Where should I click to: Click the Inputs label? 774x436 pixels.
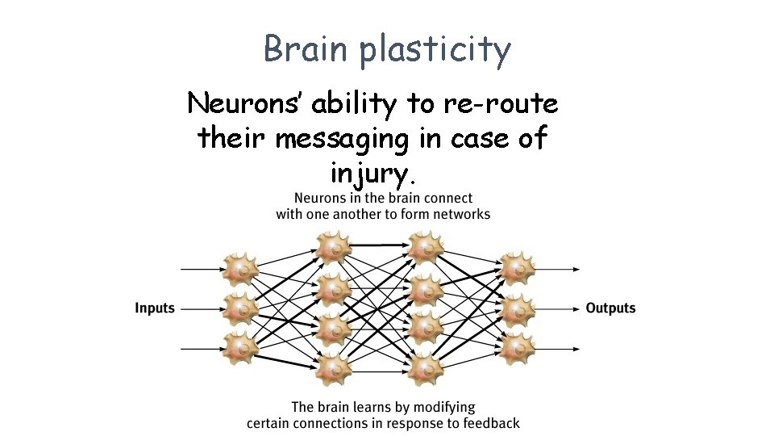coord(155,308)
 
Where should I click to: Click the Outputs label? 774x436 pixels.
coord(610,308)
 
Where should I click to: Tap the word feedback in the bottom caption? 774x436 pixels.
coord(489,423)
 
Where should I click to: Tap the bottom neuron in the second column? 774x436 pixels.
coord(331,370)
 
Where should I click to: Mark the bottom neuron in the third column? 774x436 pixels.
coord(425,370)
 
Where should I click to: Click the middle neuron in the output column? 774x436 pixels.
coord(517,308)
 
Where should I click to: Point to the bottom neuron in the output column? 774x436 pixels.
coord(517,348)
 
